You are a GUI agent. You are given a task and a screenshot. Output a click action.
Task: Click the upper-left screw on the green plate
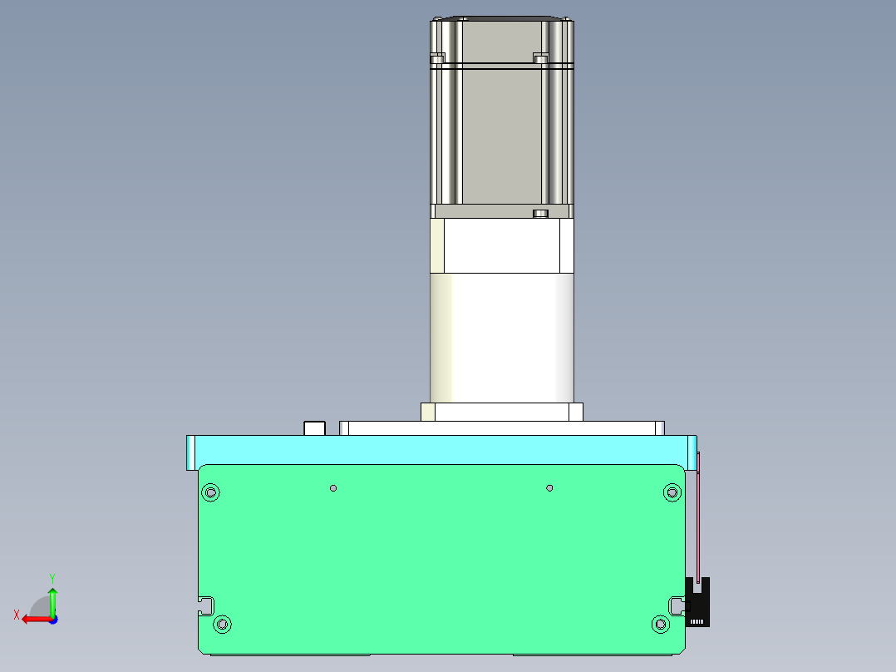tap(211, 492)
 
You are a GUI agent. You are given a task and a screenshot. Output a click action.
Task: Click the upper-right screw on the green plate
tap(672, 493)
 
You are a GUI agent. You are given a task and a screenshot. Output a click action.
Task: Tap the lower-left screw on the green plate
tap(222, 624)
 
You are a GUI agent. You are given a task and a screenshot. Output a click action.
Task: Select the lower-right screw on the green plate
tap(661, 624)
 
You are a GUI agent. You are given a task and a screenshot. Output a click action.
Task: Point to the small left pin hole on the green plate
tap(332, 487)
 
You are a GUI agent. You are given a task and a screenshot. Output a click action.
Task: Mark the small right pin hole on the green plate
tap(549, 487)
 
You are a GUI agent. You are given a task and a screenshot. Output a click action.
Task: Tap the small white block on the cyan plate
tap(314, 428)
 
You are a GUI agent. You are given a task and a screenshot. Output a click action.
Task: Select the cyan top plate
tap(441, 449)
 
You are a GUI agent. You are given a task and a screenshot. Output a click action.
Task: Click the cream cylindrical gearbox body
tap(502, 338)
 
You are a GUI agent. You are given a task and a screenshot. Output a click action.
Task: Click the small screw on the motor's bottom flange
tap(540, 214)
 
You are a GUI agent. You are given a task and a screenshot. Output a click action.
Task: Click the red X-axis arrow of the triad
tap(33, 619)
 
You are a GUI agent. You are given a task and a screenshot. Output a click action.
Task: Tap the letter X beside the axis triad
tap(16, 615)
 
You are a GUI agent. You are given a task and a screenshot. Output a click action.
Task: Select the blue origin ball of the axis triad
tap(52, 619)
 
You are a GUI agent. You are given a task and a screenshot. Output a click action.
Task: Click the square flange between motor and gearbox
tap(502, 246)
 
